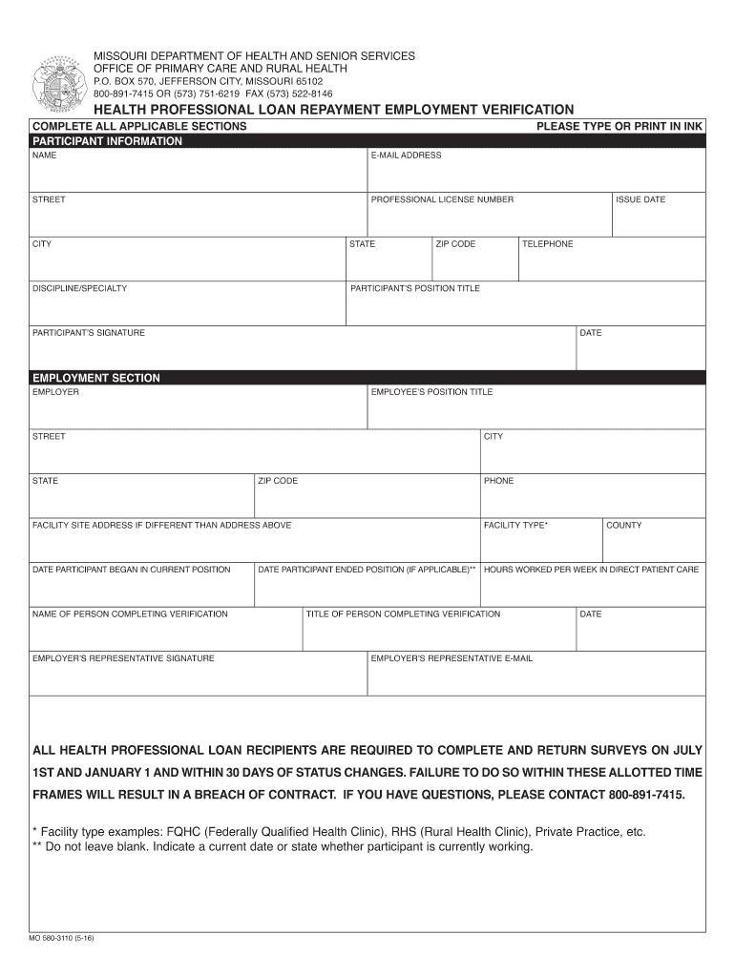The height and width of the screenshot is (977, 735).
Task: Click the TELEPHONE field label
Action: click(x=547, y=244)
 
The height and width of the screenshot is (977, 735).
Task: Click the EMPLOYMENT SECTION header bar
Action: click(x=367, y=378)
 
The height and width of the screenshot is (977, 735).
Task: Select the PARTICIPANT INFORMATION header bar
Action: click(x=367, y=141)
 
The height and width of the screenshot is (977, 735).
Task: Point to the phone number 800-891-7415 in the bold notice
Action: click(x=643, y=795)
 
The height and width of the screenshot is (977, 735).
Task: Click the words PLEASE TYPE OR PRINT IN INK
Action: click(x=619, y=126)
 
